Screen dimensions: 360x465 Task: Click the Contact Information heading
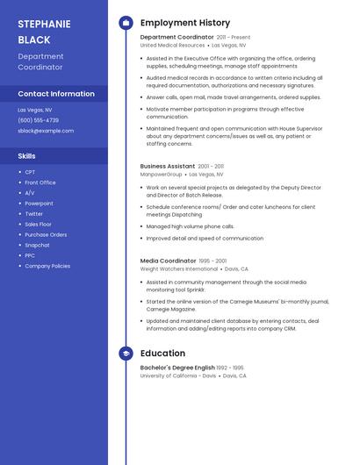(x=56, y=94)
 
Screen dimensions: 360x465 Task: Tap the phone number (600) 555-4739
(x=38, y=120)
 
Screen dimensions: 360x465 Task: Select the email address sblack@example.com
(x=46, y=131)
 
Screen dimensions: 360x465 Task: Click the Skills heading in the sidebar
(x=26, y=155)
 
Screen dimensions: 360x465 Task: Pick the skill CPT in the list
(x=30, y=172)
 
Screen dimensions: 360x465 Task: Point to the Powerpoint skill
(x=39, y=204)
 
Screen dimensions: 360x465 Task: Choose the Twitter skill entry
(x=33, y=214)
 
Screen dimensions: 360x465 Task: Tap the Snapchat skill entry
(x=37, y=245)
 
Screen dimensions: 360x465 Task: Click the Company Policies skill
(x=47, y=266)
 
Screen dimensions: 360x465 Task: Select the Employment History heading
(x=184, y=23)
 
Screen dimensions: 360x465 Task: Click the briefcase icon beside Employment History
(x=126, y=23)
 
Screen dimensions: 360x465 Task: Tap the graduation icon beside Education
(x=126, y=354)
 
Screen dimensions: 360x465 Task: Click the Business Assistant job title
(x=168, y=166)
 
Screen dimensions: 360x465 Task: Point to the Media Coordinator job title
(x=168, y=261)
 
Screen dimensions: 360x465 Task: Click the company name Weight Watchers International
(x=179, y=269)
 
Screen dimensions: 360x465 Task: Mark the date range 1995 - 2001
(x=212, y=261)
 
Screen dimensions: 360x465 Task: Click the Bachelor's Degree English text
(x=177, y=368)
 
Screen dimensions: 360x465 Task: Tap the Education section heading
(x=162, y=354)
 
